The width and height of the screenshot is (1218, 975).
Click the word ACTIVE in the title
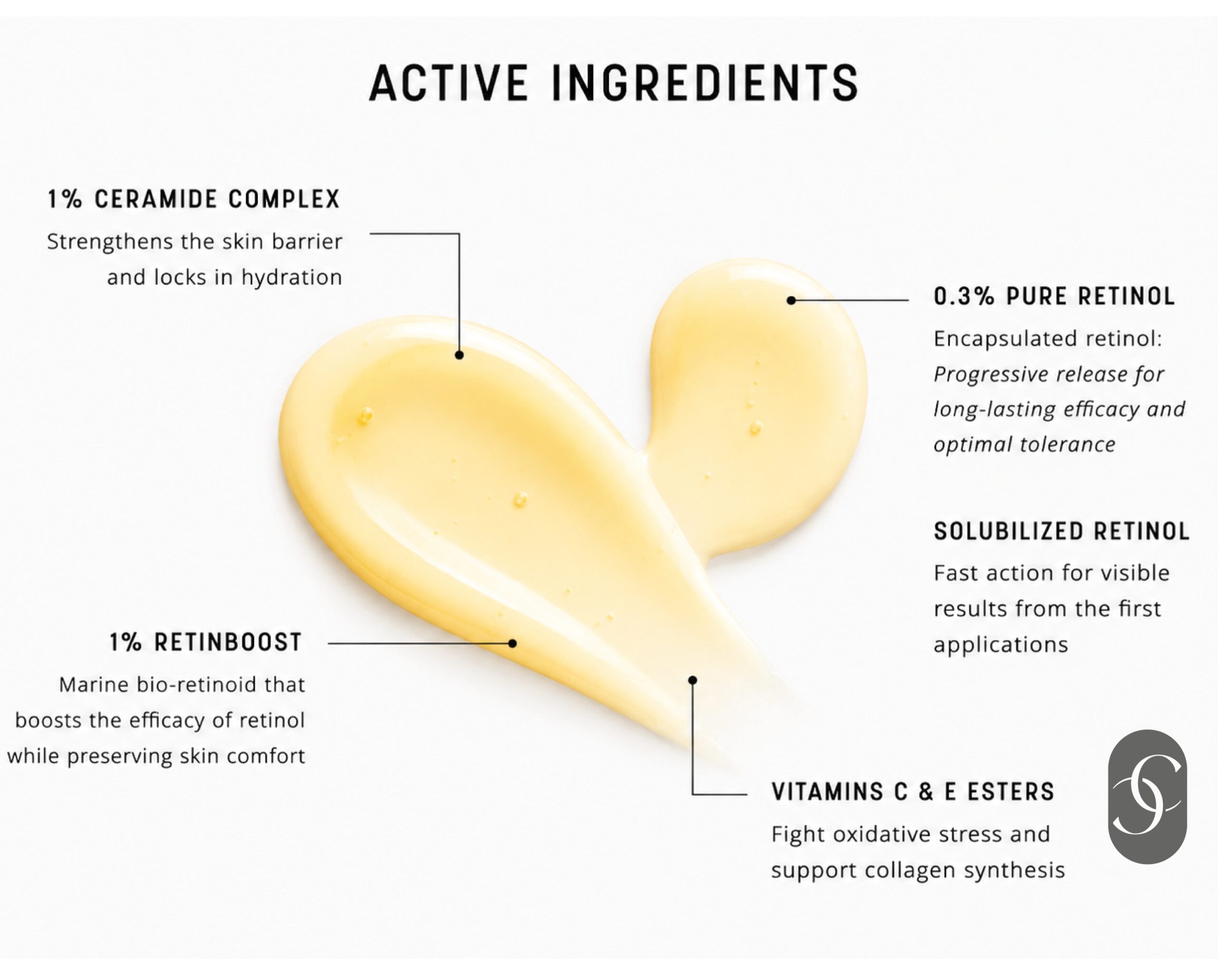pos(449,83)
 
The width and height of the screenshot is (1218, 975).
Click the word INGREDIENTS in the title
pos(705,83)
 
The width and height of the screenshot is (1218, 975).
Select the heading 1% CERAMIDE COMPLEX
pos(194,199)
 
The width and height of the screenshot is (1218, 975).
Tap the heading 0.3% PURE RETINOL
pos(1054,296)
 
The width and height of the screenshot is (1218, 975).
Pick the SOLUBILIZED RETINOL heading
pos(1061,531)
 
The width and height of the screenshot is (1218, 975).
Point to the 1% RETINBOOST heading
pos(206,642)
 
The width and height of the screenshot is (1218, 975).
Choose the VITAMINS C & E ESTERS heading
pos(913,792)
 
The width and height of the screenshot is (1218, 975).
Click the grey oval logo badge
pos(1148,796)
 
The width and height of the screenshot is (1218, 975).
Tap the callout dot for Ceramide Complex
pos(459,355)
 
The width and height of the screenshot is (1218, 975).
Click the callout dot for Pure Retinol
pos(792,300)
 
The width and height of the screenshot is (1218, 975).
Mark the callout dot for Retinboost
pos(512,643)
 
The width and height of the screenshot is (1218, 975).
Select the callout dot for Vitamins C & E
pos(693,680)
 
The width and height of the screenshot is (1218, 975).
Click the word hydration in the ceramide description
pos(292,278)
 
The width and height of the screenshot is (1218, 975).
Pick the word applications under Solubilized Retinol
pos(1001,645)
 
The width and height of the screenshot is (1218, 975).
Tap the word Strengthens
pos(110,242)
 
